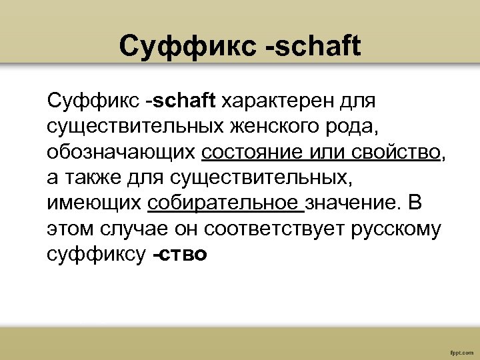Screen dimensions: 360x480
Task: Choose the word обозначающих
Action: coord(121,152)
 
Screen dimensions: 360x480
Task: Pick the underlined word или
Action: coord(325,152)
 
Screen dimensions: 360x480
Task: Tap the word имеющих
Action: coord(93,203)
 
